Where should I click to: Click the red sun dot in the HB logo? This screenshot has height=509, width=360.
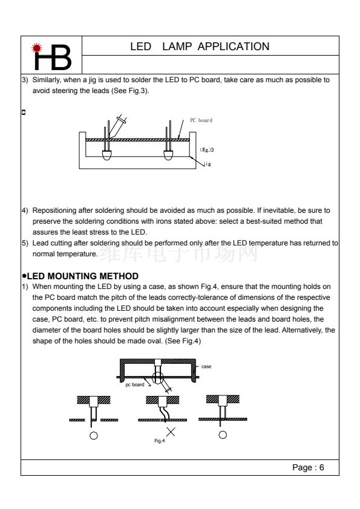[x=37, y=48]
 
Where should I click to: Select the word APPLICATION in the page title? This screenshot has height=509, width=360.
[x=234, y=47]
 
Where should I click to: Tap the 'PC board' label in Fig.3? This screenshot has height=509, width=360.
[x=201, y=120]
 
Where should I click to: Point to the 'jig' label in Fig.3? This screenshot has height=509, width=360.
[x=208, y=164]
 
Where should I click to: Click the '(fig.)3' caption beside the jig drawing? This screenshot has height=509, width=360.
[x=207, y=150]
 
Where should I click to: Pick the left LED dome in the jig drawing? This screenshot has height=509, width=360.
[x=107, y=155]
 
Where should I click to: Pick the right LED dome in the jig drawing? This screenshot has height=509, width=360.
[x=168, y=155]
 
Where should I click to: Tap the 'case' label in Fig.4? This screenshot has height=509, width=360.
[x=206, y=366]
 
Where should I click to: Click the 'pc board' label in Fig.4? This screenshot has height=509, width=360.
[x=135, y=384]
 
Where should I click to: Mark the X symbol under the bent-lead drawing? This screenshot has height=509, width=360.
[x=171, y=432]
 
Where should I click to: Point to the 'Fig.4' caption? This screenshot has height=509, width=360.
[x=160, y=441]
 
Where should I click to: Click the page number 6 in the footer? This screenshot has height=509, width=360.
[x=322, y=467]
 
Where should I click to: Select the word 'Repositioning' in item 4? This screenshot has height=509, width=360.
[x=54, y=211]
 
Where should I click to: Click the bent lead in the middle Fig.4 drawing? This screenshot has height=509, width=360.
[x=163, y=414]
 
